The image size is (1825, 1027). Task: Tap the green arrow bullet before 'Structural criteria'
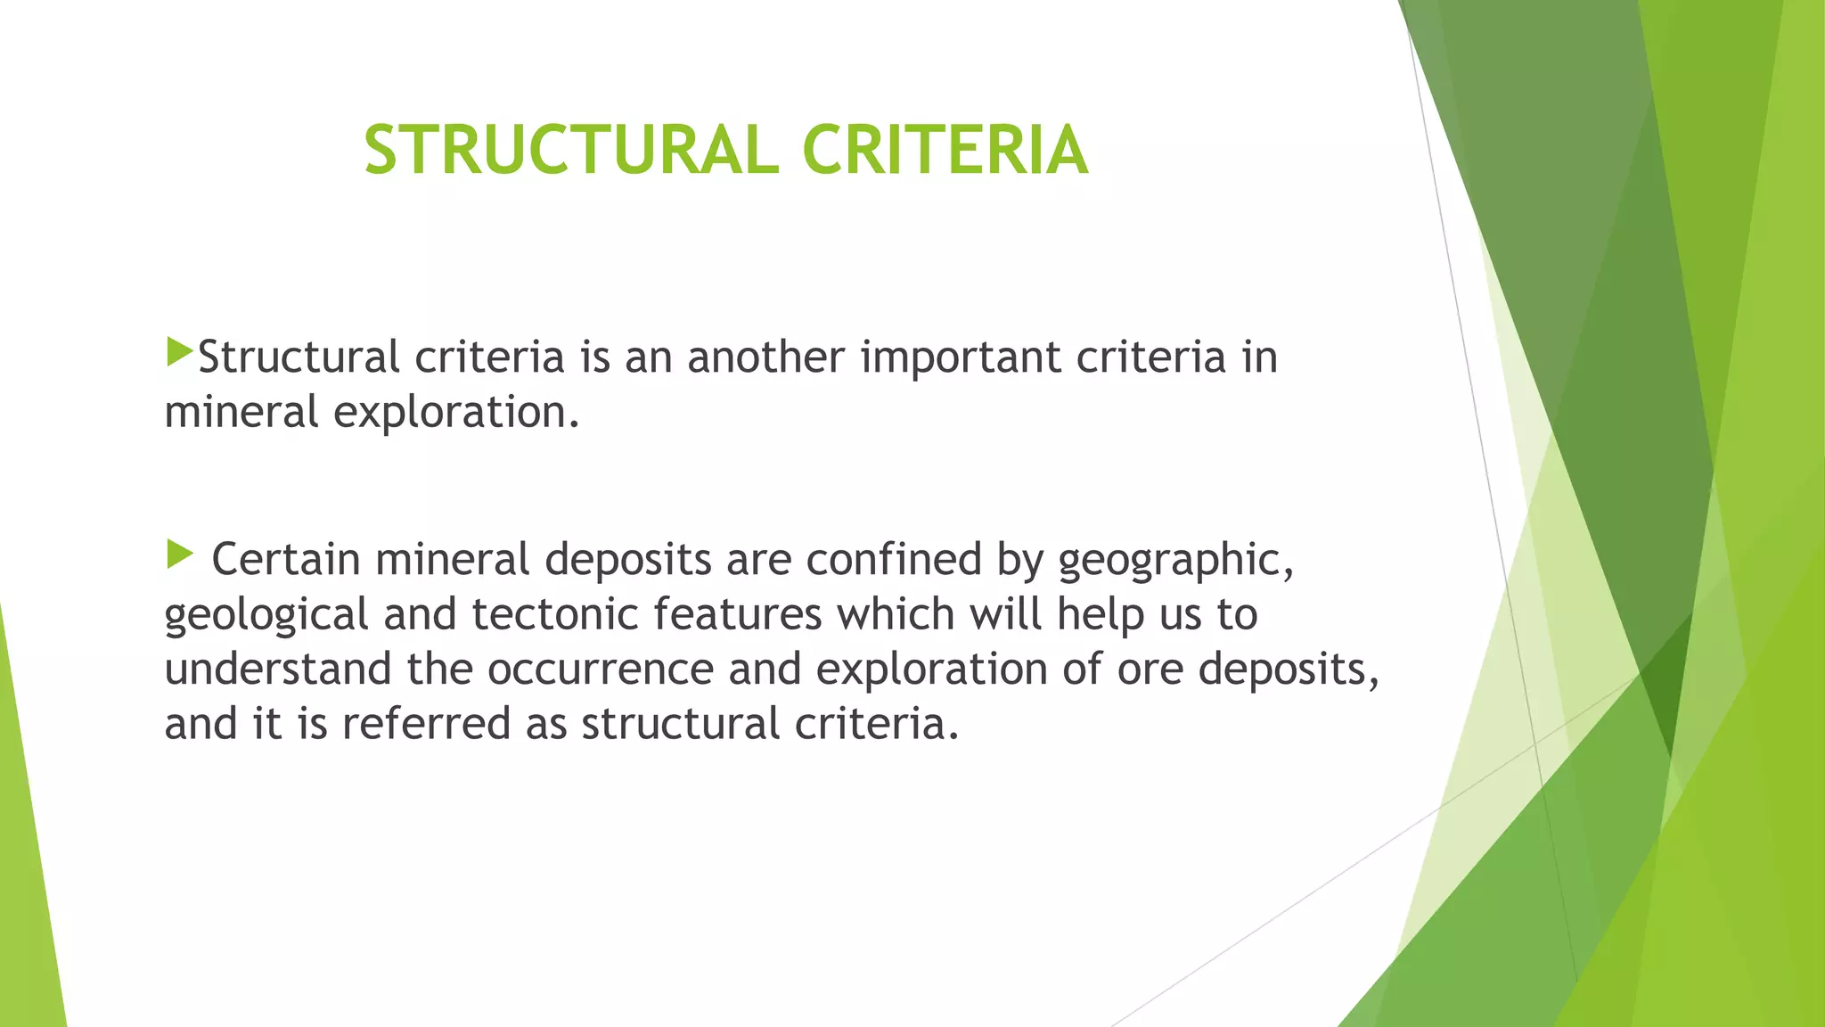pyautogui.click(x=179, y=352)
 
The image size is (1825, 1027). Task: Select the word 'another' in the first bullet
pyautogui.click(x=765, y=357)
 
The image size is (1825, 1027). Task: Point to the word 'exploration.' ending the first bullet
pyautogui.click(x=456, y=413)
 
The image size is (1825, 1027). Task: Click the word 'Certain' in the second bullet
pyautogui.click(x=285, y=560)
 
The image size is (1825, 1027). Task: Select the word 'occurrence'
pyautogui.click(x=601, y=670)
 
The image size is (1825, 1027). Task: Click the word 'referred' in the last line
pyautogui.click(x=426, y=723)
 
